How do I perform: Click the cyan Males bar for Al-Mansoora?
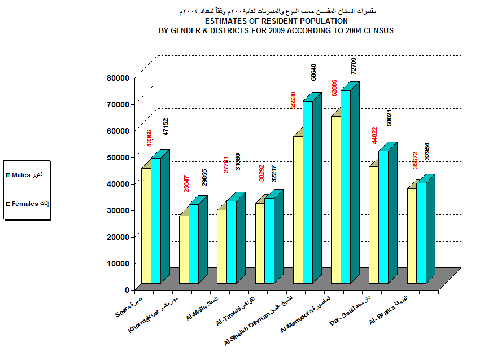pyautogui.click(x=345, y=186)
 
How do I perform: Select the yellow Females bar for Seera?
pyautogui.click(x=146, y=226)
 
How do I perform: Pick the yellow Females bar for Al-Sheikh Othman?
pyautogui.click(x=298, y=209)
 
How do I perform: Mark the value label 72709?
pyautogui.click(x=354, y=65)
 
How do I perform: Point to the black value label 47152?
pyautogui.click(x=165, y=126)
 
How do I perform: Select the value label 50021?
pyautogui.click(x=389, y=117)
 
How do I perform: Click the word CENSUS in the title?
pyautogui.click(x=378, y=30)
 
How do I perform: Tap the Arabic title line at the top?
pyautogui.click(x=277, y=11)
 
